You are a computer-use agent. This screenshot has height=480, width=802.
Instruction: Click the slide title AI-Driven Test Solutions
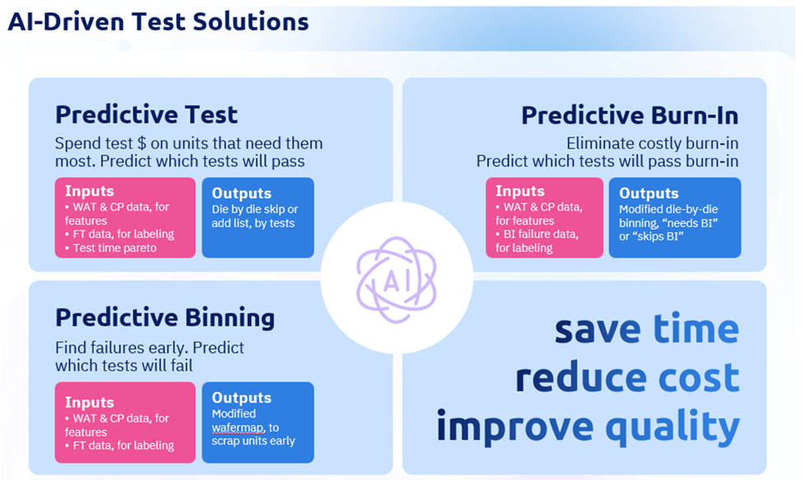[158, 21]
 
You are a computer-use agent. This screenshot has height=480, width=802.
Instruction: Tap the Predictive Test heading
[146, 114]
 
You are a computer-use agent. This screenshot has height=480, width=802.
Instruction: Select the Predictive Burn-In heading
[629, 115]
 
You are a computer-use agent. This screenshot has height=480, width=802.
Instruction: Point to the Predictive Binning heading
[165, 318]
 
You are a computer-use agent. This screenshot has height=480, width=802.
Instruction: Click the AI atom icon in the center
[396, 280]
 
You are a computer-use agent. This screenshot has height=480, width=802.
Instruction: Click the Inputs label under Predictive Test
[90, 191]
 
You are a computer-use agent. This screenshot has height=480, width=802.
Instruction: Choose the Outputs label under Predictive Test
[241, 193]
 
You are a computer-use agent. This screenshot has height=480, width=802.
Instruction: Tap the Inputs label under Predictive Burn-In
[520, 191]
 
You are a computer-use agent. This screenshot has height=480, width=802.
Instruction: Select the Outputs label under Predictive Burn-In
[648, 193]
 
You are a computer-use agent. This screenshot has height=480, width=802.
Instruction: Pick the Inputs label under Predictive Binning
[90, 403]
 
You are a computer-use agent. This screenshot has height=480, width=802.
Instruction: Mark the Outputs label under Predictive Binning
[241, 398]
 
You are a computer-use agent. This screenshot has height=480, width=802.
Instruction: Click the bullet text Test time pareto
[114, 248]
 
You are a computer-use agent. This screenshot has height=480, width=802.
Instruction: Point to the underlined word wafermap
[238, 428]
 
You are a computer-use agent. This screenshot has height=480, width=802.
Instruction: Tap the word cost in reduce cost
[698, 377]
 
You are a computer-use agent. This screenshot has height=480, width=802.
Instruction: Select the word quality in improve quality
[673, 426]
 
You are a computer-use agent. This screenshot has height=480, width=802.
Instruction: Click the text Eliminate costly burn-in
[652, 143]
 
